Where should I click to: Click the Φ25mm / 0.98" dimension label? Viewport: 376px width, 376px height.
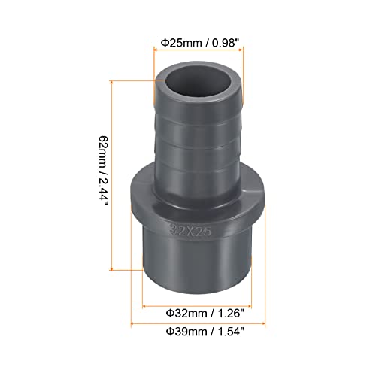point(201,44)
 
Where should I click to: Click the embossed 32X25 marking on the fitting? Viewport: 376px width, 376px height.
point(190,229)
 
